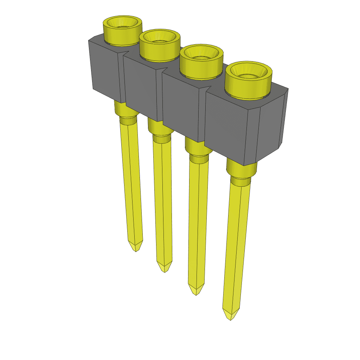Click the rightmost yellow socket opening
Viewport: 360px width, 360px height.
(x=248, y=72)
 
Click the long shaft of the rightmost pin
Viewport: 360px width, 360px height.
(x=236, y=246)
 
